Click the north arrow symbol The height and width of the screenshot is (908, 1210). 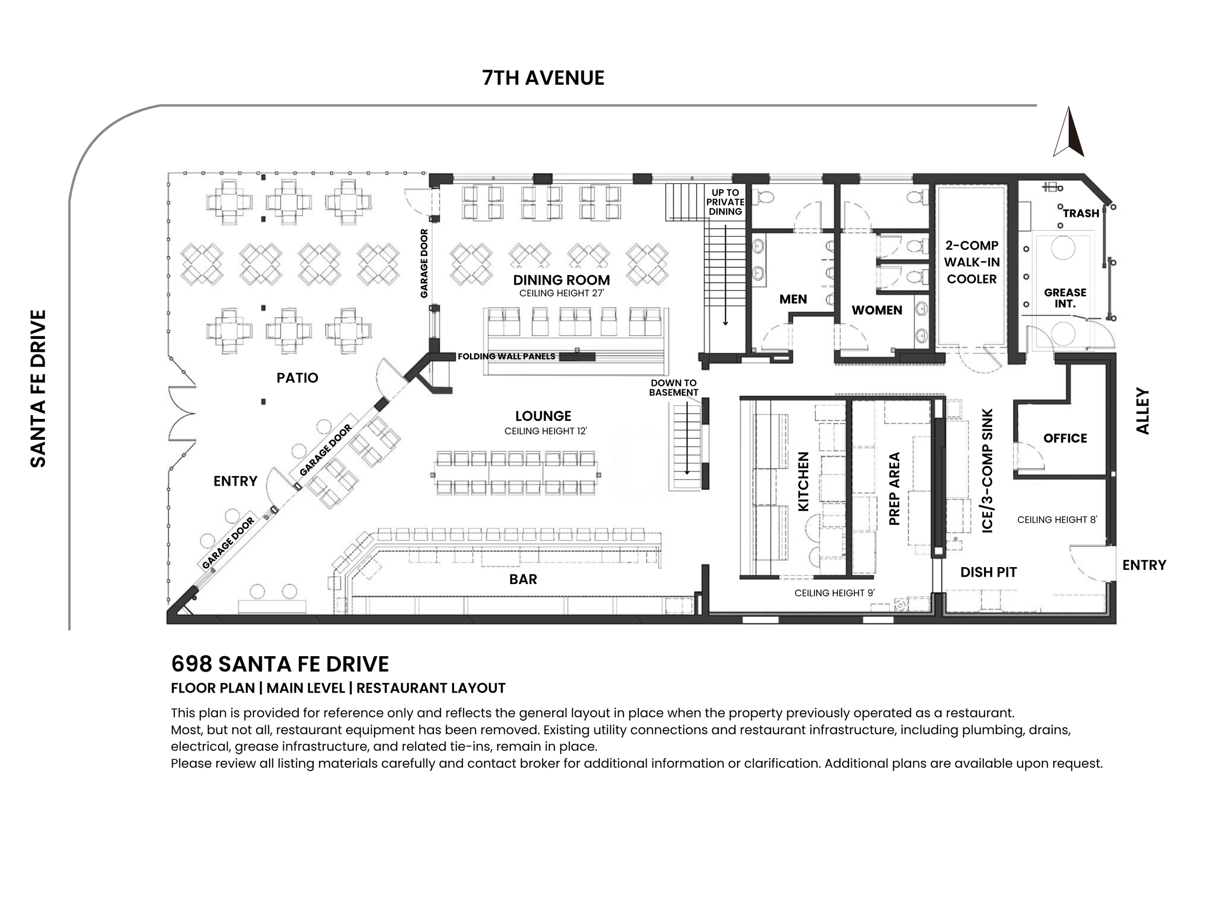1069,133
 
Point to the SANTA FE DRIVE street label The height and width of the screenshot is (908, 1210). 38,388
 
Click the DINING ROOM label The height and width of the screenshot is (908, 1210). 561,280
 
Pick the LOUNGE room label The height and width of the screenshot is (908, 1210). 543,416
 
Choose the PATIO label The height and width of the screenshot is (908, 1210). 297,378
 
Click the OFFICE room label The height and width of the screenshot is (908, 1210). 1064,438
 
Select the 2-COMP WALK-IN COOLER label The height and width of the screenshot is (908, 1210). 971,262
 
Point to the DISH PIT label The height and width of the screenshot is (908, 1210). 988,572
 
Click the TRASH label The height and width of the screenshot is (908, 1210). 1081,214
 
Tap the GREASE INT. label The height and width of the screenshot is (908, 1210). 1064,298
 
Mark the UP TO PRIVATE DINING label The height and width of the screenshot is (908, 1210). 726,202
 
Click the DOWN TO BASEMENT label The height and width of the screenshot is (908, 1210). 673,387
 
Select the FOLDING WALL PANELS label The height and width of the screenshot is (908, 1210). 507,356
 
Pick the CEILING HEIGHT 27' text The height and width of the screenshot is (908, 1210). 561,293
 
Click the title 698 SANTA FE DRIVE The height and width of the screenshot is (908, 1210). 280,664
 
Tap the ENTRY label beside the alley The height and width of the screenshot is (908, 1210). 1144,565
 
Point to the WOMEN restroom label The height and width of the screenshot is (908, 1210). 877,310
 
